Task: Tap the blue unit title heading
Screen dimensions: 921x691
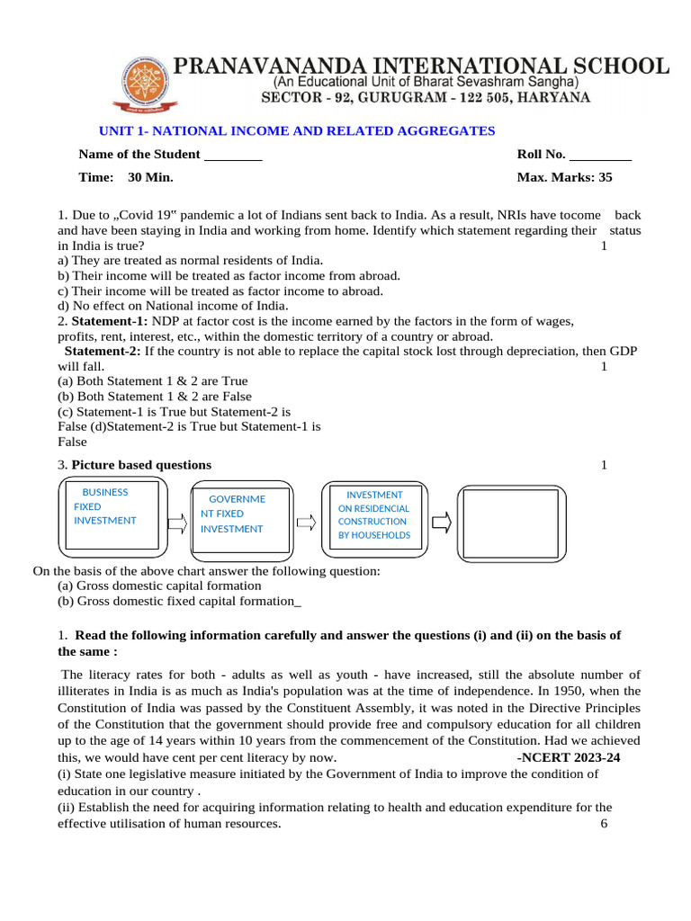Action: coord(297,131)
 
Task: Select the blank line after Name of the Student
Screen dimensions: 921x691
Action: coord(233,156)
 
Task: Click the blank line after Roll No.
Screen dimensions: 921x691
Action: coord(601,156)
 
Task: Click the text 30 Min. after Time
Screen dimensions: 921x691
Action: coord(150,177)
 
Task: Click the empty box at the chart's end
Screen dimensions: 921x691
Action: coord(511,522)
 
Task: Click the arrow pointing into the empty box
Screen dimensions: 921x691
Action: coord(441,522)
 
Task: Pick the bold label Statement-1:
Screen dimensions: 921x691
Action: coord(111,321)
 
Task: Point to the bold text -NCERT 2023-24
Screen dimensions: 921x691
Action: coord(569,757)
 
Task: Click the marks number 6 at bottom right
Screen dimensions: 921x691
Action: coord(604,824)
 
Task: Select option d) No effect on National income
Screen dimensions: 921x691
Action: coord(173,306)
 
